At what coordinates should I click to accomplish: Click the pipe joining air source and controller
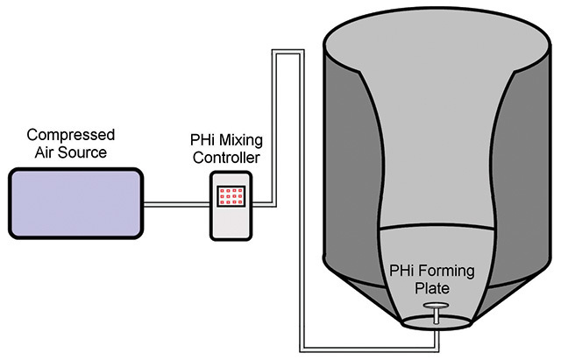(x=175, y=206)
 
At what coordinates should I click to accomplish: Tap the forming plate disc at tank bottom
(x=435, y=306)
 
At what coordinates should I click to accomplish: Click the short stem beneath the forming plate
(x=435, y=317)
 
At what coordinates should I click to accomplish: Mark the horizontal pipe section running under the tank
(x=368, y=341)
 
